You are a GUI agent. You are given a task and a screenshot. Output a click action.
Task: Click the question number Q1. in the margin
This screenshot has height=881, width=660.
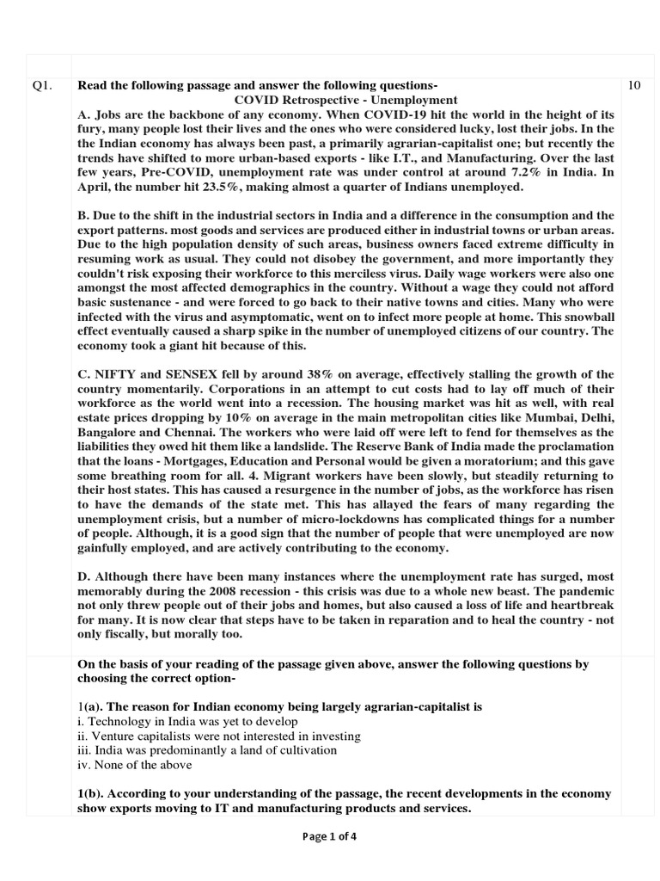(x=43, y=85)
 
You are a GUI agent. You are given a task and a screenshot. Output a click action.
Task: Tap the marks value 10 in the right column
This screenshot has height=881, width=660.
(x=634, y=85)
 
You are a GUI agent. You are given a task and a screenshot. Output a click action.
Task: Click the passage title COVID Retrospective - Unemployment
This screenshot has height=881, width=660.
(x=346, y=100)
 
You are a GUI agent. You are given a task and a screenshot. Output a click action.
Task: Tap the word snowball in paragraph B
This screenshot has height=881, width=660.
(x=573, y=317)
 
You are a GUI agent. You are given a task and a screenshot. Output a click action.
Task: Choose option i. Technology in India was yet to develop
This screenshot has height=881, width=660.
(x=187, y=721)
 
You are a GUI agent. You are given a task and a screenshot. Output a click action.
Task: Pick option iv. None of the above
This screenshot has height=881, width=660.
(x=134, y=765)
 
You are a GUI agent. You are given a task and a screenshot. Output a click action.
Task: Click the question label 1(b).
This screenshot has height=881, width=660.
(x=92, y=793)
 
